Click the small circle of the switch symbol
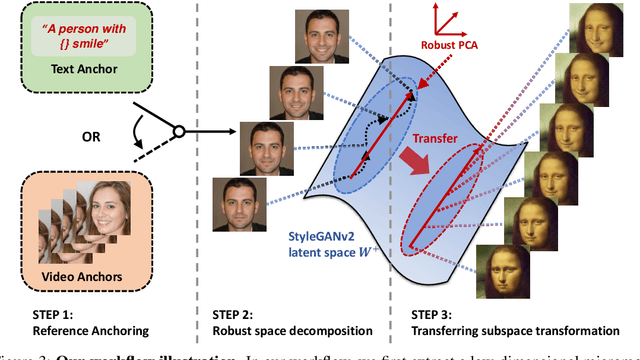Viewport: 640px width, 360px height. pyautogui.click(x=177, y=130)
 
